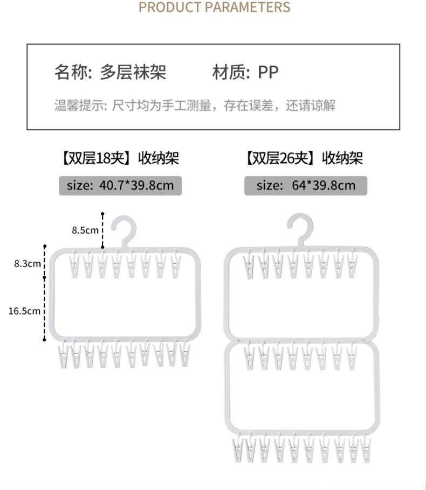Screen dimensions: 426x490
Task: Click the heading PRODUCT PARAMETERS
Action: (214, 8)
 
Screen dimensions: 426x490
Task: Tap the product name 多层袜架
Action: (133, 72)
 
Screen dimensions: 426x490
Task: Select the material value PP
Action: (268, 72)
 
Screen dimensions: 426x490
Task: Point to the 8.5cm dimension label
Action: (85, 230)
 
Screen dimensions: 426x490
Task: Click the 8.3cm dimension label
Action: (27, 263)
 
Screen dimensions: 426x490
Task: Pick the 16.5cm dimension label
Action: (25, 311)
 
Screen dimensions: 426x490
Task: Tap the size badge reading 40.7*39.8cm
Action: (120, 185)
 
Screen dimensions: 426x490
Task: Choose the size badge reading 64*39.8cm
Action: (306, 185)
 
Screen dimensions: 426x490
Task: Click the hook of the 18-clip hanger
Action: (125, 228)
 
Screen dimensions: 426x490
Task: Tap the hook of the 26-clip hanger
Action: (301, 226)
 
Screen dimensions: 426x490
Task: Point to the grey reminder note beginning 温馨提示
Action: (195, 105)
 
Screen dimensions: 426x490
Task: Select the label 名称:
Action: (73, 72)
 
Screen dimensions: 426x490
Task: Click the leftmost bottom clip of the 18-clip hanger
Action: (61, 355)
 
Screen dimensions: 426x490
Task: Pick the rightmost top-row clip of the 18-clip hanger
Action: (176, 266)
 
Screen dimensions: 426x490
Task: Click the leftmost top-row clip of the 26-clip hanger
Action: (249, 266)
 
